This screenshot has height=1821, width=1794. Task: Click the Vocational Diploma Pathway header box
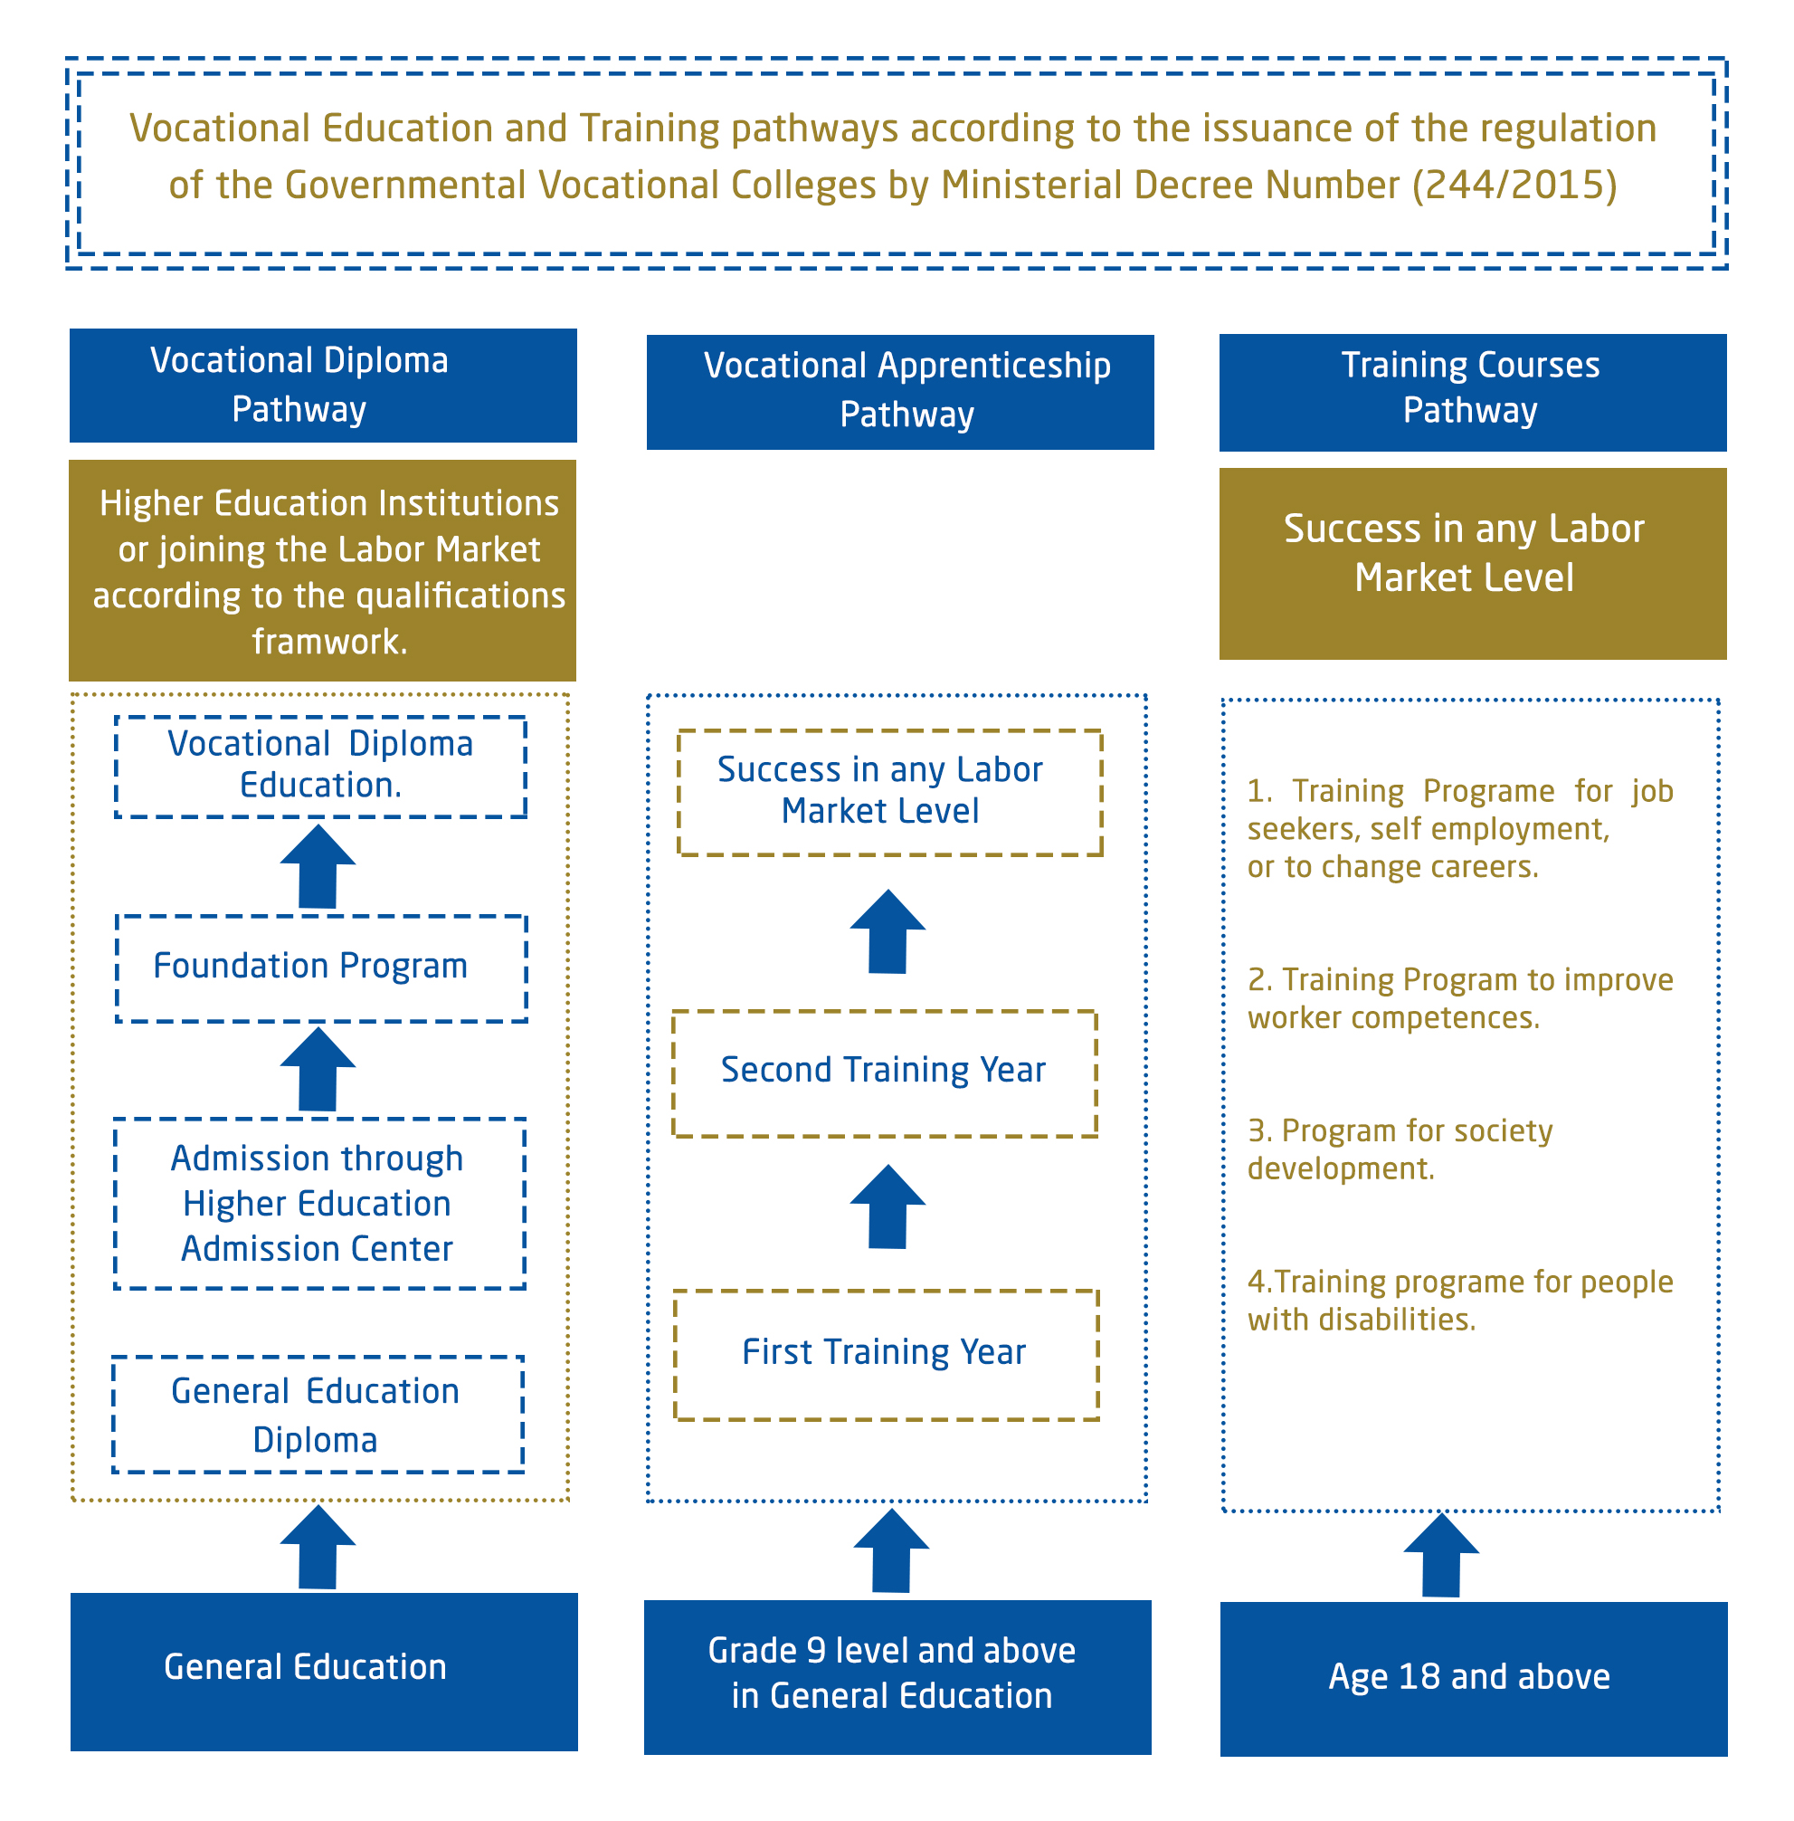tap(323, 386)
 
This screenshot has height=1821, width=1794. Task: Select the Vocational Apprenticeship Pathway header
tap(900, 392)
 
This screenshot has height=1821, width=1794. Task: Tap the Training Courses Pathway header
tap(1473, 392)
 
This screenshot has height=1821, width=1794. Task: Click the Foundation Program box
tap(321, 969)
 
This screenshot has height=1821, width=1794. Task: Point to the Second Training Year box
tap(885, 1073)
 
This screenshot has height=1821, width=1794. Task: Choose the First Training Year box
tap(887, 1355)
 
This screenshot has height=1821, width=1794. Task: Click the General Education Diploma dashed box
tap(318, 1415)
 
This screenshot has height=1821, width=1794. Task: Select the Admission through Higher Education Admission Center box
tap(320, 1204)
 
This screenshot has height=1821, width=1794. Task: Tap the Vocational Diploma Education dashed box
tap(321, 767)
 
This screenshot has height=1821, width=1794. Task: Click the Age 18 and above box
tap(1474, 1679)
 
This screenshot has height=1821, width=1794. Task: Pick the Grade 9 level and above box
tap(898, 1677)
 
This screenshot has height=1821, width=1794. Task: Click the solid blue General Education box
tap(324, 1671)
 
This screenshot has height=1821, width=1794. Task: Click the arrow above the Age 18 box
tap(1441, 1556)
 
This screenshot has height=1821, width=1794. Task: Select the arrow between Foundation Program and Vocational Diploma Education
tap(318, 867)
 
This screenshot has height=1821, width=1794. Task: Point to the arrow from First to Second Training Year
tap(888, 1206)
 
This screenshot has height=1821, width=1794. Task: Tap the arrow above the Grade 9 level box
tap(891, 1550)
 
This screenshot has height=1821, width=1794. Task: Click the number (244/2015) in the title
tap(1514, 185)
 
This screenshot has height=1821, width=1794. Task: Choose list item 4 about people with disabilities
tap(1460, 1301)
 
